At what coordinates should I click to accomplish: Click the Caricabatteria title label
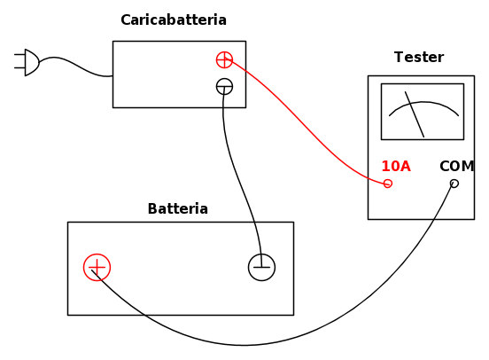[174, 20]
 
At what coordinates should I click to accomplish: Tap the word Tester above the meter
[419, 57]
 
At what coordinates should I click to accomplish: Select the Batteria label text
[178, 208]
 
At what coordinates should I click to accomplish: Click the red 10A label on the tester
[396, 166]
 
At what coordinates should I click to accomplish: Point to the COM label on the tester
[457, 166]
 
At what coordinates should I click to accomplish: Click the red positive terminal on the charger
[224, 59]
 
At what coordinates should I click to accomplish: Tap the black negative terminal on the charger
[224, 87]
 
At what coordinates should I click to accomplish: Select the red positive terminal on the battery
[97, 267]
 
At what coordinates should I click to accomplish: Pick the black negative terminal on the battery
[261, 267]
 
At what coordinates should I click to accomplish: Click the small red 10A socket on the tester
[388, 184]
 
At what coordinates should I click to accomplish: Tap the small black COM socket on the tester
[454, 184]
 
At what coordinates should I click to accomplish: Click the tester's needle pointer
[415, 114]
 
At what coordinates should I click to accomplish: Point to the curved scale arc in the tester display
[423, 102]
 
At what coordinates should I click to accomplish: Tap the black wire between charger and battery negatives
[237, 175]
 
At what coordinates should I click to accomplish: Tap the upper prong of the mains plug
[19, 55]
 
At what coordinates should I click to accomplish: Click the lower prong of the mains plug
[19, 67]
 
